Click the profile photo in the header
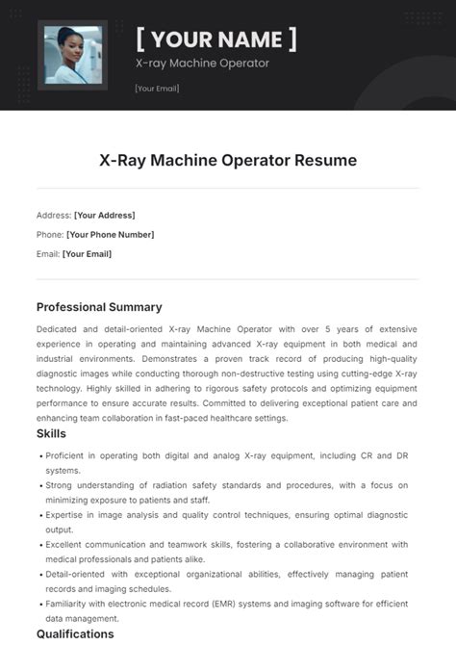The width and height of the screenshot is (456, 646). click(72, 55)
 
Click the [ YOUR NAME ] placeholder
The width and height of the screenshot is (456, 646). click(215, 39)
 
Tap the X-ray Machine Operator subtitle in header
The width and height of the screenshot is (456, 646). click(202, 64)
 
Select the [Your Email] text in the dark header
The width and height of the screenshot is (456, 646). click(157, 89)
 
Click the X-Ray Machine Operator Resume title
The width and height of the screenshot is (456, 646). click(228, 160)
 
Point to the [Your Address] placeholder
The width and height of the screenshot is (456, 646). click(105, 215)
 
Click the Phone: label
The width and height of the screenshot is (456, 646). click(51, 234)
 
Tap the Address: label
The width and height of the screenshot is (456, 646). click(54, 215)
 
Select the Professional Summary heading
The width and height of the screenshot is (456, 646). click(99, 307)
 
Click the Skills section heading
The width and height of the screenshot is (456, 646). click(51, 434)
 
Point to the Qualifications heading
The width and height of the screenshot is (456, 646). click(75, 633)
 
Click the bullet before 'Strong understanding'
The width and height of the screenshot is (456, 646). click(40, 486)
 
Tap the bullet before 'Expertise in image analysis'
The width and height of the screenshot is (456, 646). click(40, 516)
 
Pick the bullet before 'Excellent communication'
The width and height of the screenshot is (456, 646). click(40, 545)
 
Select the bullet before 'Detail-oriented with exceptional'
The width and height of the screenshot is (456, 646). click(40, 575)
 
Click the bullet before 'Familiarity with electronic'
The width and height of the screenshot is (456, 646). click(40, 605)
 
